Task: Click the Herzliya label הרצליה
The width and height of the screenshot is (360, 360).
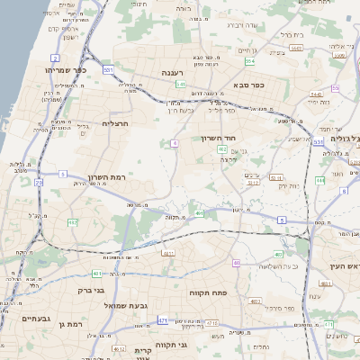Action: point(116,123)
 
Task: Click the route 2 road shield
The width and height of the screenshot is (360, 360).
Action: point(57,58)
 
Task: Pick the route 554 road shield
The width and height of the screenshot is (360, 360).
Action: point(249,62)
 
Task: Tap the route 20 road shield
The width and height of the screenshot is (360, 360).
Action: point(39,183)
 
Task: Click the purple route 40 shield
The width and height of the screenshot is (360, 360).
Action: point(236,263)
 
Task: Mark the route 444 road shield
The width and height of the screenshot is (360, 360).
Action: point(320,180)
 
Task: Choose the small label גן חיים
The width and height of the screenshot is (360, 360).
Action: point(247,51)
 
